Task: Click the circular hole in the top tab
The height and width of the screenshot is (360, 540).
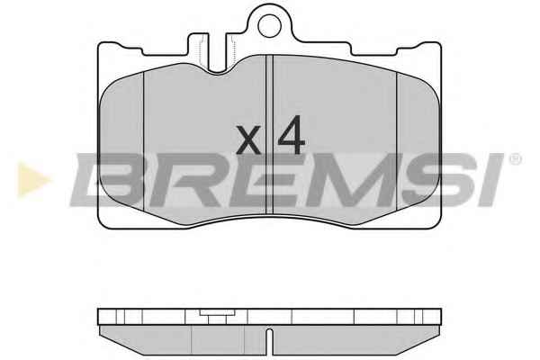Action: (270, 26)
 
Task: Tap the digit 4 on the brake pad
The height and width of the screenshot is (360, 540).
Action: (292, 135)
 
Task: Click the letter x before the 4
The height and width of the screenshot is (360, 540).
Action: (248, 139)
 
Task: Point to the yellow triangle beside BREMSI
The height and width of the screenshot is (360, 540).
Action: (33, 180)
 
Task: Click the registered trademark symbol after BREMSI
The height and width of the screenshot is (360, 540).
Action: (515, 159)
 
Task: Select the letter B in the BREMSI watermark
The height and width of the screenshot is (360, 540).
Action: (109, 180)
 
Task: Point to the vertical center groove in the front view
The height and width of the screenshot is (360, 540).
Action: (269, 134)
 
